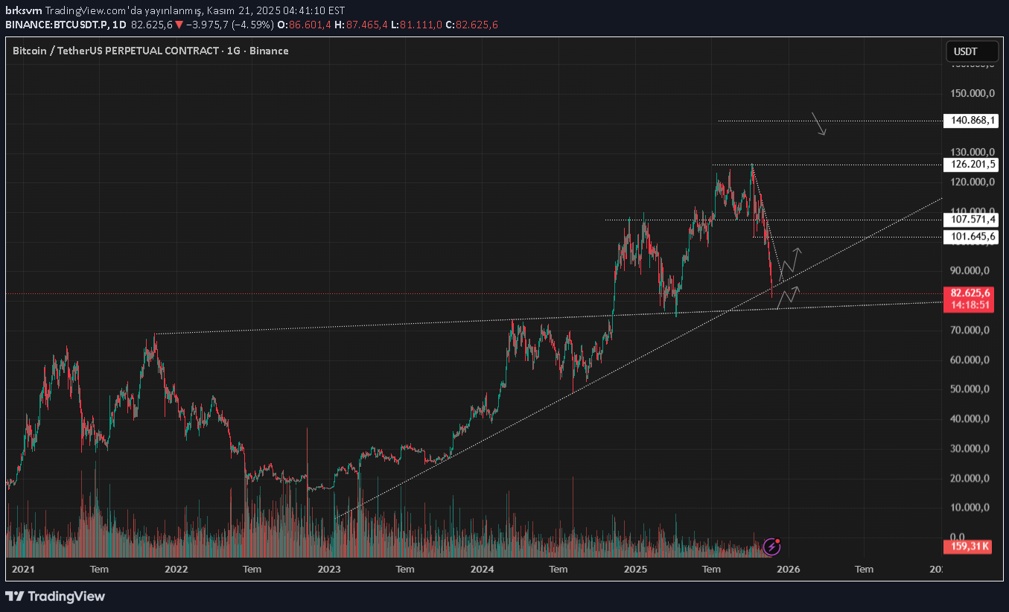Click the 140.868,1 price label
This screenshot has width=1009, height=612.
970,120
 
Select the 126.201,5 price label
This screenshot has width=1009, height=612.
970,165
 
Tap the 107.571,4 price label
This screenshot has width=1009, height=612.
970,220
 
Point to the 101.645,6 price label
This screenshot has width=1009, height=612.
970,237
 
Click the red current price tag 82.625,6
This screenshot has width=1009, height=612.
970,293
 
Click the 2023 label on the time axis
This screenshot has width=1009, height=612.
328,570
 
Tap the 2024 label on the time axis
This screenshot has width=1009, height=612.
482,570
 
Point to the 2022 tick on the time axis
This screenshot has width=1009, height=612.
176,570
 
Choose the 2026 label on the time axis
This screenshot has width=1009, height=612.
788,570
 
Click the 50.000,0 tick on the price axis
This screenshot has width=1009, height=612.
967,389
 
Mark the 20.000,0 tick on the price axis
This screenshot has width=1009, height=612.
967,478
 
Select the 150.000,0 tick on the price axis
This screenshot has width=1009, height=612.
967,93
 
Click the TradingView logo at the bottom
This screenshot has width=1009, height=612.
55,596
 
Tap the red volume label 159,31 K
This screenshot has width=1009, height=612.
970,546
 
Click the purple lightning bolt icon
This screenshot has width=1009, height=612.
772,547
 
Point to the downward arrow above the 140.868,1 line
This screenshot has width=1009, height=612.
819,124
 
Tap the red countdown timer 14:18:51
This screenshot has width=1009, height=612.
970,305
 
